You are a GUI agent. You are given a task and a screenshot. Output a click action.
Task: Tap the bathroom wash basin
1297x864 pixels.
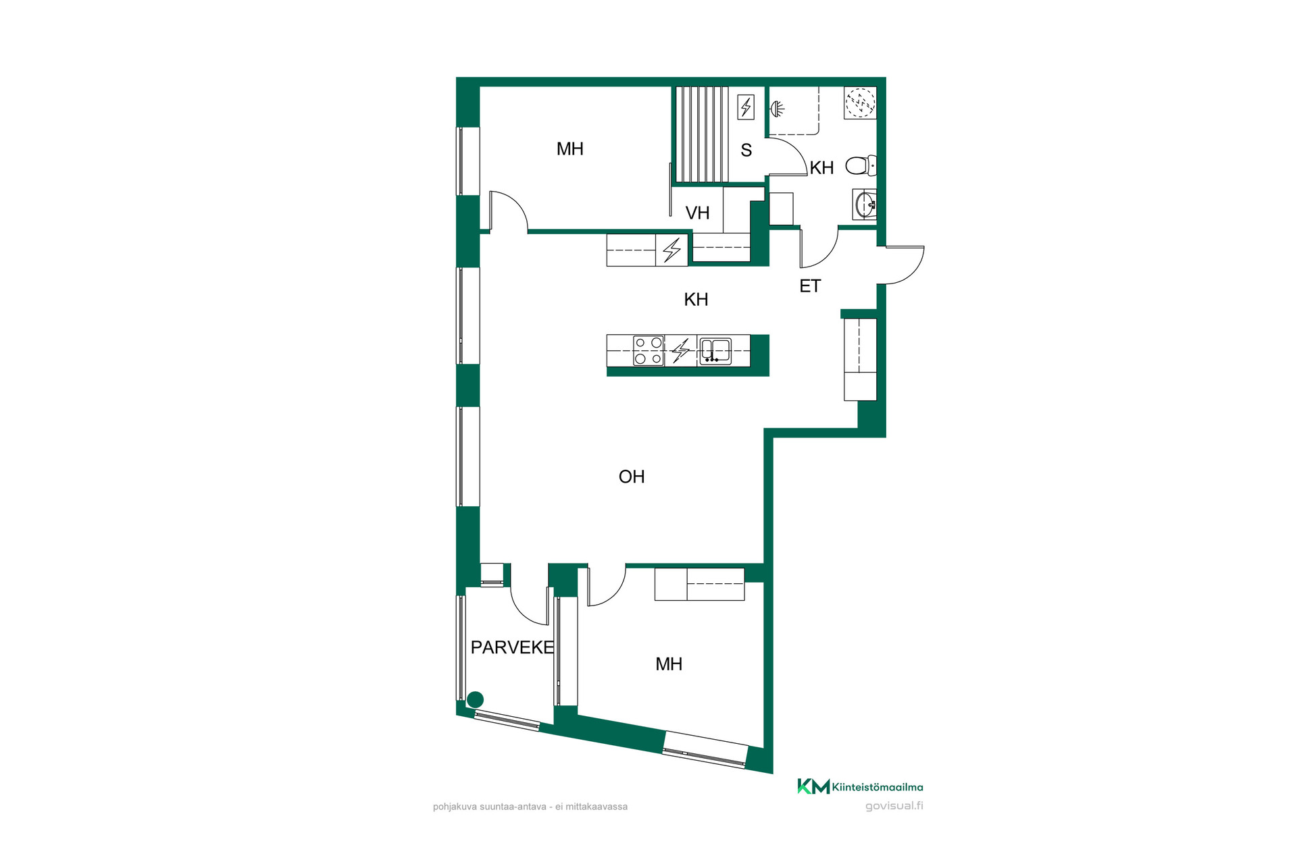coord(865,204)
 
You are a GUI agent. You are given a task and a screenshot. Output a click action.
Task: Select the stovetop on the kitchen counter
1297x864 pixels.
coord(648,351)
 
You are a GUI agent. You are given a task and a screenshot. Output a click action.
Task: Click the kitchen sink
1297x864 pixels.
coord(715,351)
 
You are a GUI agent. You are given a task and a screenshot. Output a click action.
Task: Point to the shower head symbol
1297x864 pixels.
coord(778,108)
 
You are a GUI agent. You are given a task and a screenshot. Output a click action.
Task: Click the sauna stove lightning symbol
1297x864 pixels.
coord(746,107)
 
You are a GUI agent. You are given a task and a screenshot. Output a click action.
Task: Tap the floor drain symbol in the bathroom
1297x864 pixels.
coord(861,103)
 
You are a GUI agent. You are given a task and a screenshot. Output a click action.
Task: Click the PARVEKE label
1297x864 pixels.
coord(512,647)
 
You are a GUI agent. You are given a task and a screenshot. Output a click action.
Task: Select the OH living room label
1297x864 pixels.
coord(632,477)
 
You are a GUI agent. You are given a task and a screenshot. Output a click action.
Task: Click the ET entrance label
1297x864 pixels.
coord(810,286)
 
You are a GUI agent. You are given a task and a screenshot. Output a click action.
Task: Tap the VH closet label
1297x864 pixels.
coord(698,213)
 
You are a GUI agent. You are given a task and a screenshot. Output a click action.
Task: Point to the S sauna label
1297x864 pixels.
coord(746,150)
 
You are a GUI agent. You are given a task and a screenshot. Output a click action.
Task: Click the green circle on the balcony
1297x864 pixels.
coord(476,699)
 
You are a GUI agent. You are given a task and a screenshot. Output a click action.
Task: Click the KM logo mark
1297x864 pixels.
coord(813,786)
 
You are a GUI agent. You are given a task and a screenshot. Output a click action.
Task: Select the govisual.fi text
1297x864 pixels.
coord(894,806)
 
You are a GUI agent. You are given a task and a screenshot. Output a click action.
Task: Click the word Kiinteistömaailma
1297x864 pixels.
coord(878,787)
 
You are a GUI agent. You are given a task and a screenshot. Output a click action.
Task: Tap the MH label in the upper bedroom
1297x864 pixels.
coord(570,149)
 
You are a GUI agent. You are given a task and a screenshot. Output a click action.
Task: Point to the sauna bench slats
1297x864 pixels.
coord(703,134)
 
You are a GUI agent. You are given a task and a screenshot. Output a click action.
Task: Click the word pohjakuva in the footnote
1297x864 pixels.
coord(455,807)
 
